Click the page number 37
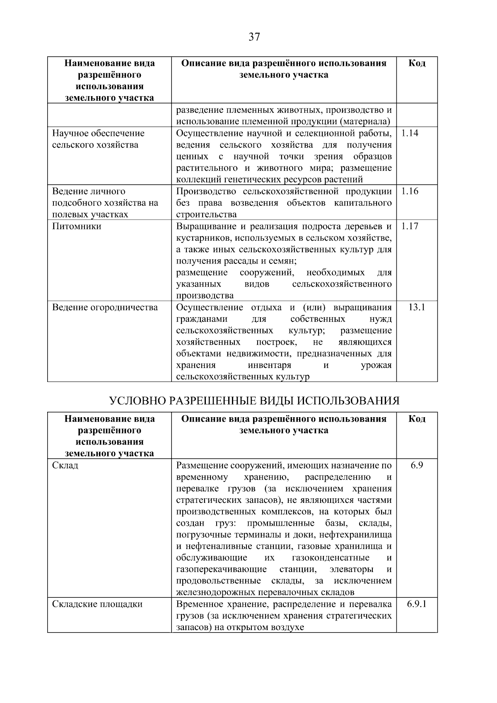point(254,37)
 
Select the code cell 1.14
point(410,133)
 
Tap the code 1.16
point(410,191)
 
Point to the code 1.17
point(410,226)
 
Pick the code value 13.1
point(417,307)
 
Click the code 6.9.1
point(417,604)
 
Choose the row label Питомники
point(77,226)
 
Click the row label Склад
point(65,465)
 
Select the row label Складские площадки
point(97,604)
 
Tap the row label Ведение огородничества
point(105,307)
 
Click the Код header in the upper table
point(417,63)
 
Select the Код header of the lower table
point(417,419)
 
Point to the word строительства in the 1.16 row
point(206,215)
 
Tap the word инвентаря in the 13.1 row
point(269,365)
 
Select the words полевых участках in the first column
point(90,215)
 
